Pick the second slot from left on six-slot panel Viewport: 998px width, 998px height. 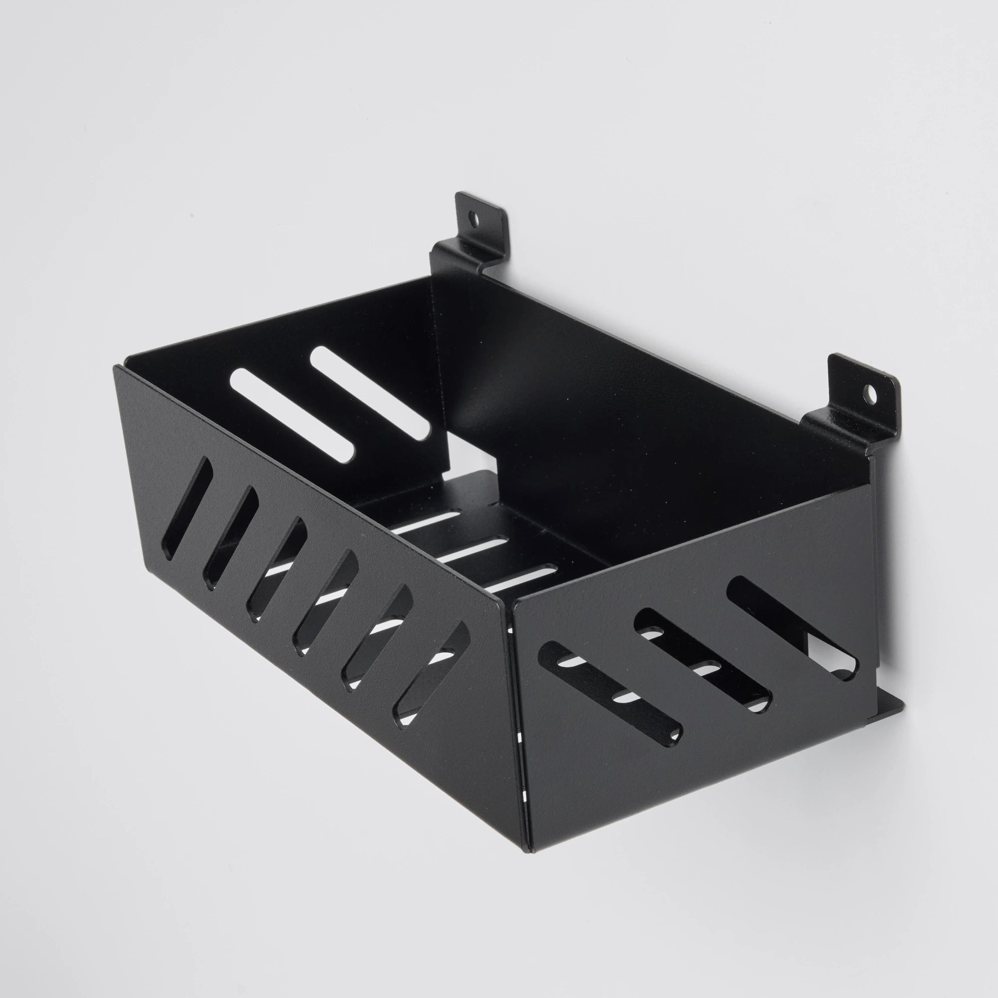tap(231, 539)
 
